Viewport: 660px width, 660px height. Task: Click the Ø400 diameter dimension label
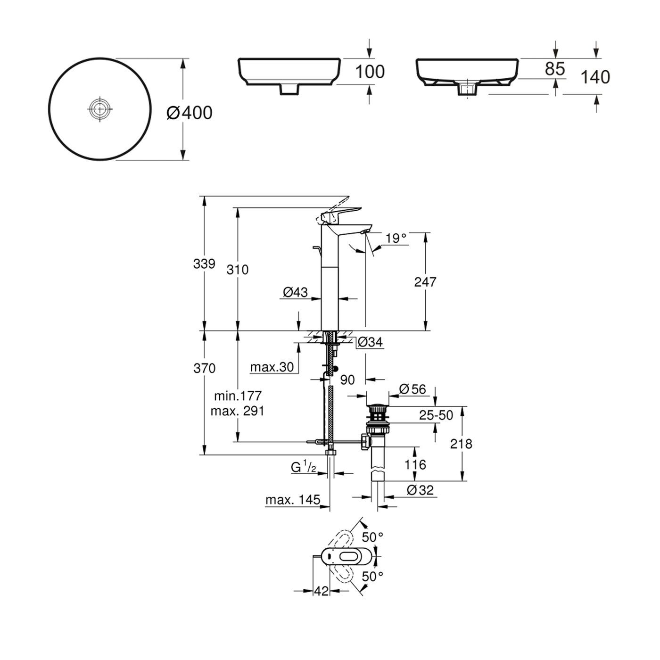pyautogui.click(x=190, y=113)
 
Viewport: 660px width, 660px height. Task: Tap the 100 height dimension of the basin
pyautogui.click(x=370, y=72)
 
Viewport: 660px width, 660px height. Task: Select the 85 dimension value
pyautogui.click(x=554, y=69)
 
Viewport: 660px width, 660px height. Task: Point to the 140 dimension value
pyautogui.click(x=594, y=77)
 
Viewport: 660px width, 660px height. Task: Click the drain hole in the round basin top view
pyautogui.click(x=100, y=109)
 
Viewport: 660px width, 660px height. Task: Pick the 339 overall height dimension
pyautogui.click(x=204, y=264)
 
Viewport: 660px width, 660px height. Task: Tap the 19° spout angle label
pyautogui.click(x=396, y=238)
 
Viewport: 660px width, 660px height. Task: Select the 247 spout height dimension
pyautogui.click(x=425, y=282)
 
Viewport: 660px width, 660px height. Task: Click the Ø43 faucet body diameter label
pyautogui.click(x=295, y=292)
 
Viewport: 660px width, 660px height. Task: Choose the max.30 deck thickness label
pyautogui.click(x=272, y=367)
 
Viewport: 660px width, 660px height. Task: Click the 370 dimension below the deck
pyautogui.click(x=204, y=368)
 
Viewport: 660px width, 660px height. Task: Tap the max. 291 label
pyautogui.click(x=237, y=411)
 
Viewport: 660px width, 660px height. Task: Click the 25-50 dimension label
pyautogui.click(x=436, y=415)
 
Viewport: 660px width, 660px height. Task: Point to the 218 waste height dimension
pyautogui.click(x=461, y=444)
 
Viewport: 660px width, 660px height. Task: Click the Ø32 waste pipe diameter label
pyautogui.click(x=420, y=490)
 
